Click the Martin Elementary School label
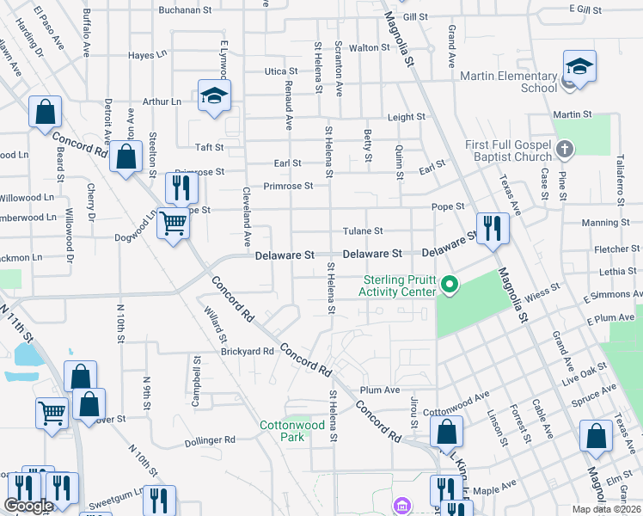[509, 82]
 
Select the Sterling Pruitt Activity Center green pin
[449, 284]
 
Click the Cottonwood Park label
[293, 431]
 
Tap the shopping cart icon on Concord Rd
[174, 224]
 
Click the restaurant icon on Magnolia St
[492, 228]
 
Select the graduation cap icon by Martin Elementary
[579, 67]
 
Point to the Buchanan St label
[185, 10]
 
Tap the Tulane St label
[363, 230]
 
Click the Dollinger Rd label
[211, 441]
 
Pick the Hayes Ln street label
[147, 54]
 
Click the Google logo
[28, 506]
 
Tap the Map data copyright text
[607, 509]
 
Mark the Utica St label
[280, 71]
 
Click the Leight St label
[406, 117]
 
